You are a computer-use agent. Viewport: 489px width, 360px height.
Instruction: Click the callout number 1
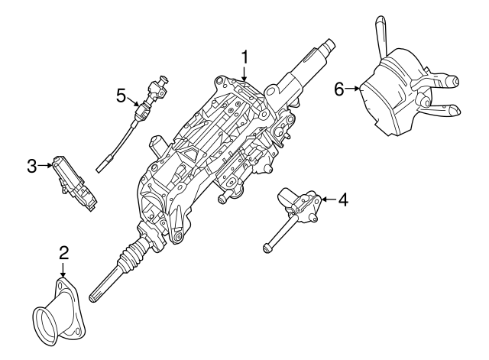coord(245,57)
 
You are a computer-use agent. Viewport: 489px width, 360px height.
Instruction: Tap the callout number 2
coord(64,252)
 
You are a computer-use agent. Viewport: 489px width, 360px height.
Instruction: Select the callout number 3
coord(31,165)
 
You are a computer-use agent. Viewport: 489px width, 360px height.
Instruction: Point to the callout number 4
coord(343,200)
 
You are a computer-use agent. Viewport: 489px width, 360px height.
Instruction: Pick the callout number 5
coord(121,95)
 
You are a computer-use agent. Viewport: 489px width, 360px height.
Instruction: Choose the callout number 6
coord(340,89)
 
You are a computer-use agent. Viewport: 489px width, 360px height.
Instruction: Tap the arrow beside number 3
coord(45,165)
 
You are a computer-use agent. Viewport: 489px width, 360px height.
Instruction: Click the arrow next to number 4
coord(326,200)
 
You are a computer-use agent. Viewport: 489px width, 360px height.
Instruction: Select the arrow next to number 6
coord(355,89)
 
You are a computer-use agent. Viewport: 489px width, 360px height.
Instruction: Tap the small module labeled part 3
coord(74,182)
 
